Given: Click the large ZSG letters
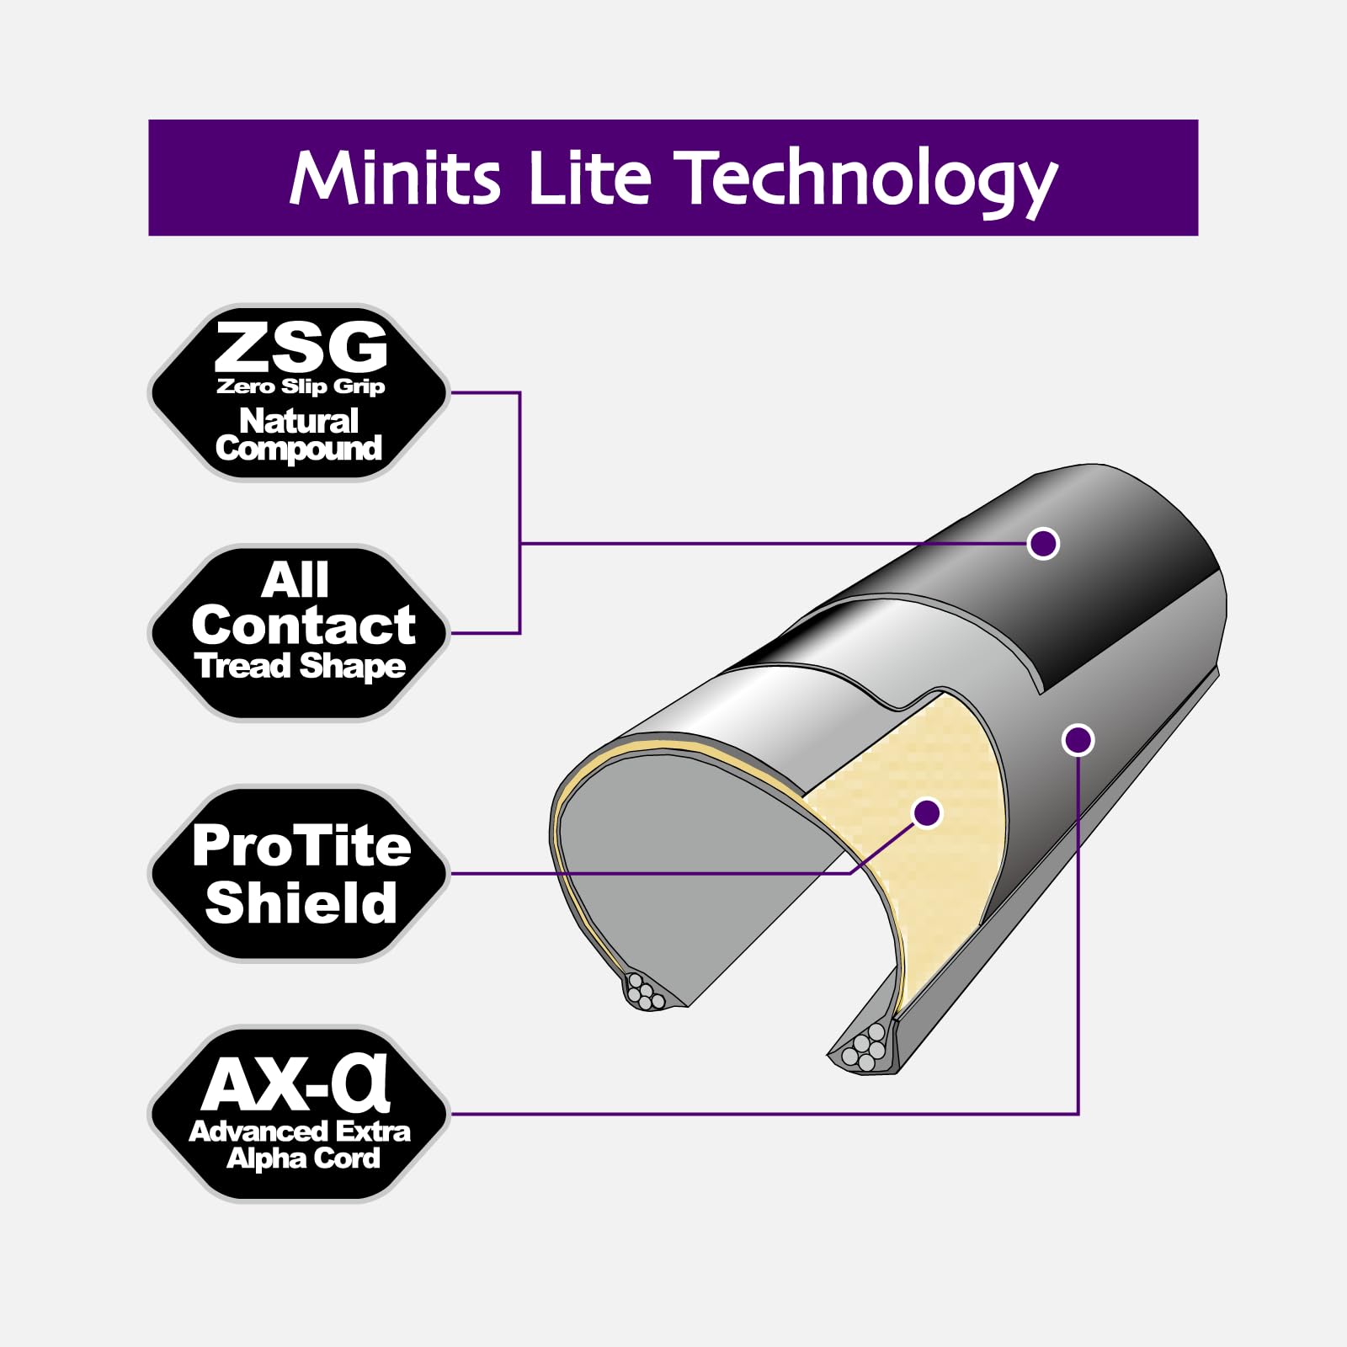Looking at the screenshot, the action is click(x=301, y=347).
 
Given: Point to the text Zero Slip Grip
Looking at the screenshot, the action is click(x=301, y=386).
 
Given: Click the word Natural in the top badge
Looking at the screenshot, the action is click(x=299, y=420).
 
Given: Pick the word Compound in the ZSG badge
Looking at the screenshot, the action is click(x=299, y=449).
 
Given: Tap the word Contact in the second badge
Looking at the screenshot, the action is click(x=303, y=626).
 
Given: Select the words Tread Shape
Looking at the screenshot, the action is click(x=301, y=667).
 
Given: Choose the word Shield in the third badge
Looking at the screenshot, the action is click(x=301, y=902).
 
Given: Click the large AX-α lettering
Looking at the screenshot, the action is click(x=295, y=1083).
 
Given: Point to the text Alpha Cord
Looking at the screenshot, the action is click(x=303, y=1159).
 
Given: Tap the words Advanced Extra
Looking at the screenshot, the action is click(x=300, y=1131).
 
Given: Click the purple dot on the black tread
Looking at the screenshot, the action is click(x=1043, y=543).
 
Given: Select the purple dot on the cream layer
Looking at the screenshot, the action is click(x=927, y=812).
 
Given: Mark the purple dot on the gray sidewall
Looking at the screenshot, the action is click(x=1078, y=740).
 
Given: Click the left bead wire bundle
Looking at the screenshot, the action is click(x=646, y=992).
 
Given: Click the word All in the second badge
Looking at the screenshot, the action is click(x=295, y=580).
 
